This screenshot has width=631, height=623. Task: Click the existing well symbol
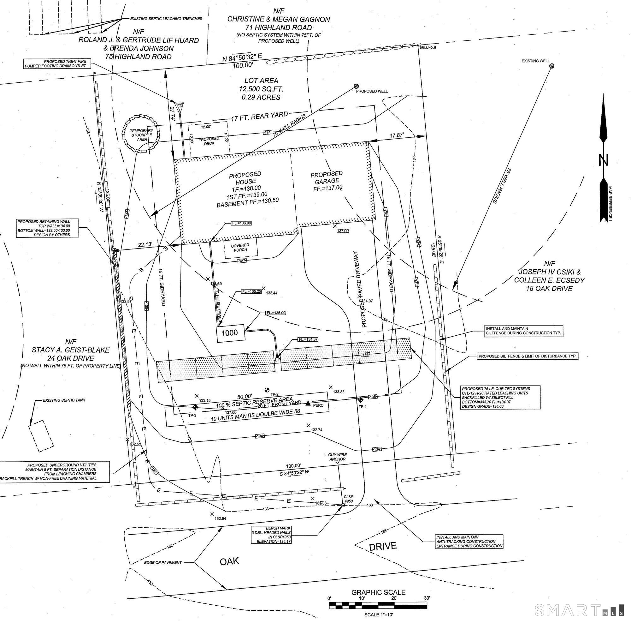(551, 66)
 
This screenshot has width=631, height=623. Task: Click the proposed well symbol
(356, 86)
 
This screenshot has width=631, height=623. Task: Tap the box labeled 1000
(231, 333)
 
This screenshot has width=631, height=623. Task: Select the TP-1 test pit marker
(361, 399)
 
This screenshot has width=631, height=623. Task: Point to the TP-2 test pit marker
(267, 389)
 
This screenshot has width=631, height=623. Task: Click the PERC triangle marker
(308, 403)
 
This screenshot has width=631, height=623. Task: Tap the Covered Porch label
(240, 248)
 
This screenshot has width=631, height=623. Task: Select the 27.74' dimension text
(172, 114)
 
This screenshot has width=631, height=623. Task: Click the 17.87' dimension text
(397, 135)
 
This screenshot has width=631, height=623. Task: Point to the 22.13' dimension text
(145, 244)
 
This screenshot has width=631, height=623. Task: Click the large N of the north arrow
(603, 160)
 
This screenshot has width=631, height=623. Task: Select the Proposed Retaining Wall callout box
(48, 228)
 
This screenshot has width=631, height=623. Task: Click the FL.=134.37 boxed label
(307, 339)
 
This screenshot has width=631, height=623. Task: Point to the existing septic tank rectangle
(40, 434)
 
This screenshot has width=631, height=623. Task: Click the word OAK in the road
(229, 561)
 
